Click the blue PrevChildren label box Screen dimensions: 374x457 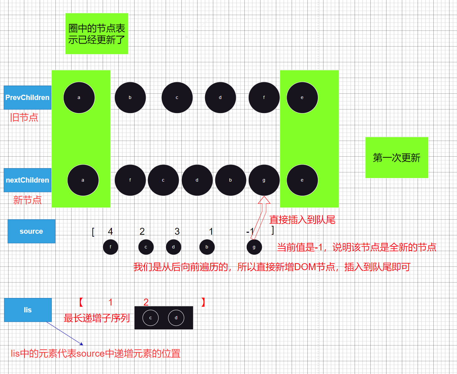[x=28, y=98]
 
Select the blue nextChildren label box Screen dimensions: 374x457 [x=28, y=180]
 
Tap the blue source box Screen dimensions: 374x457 [x=31, y=231]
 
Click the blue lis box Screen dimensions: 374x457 [x=28, y=310]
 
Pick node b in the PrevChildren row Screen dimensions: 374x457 [x=130, y=98]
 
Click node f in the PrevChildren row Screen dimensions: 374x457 [x=264, y=98]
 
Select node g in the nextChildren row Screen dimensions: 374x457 [x=264, y=180]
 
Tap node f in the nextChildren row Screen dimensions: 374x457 [x=130, y=180]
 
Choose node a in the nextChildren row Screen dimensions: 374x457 [x=83, y=180]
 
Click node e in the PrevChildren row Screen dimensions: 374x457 [x=302, y=98]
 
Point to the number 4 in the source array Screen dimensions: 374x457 [x=111, y=231]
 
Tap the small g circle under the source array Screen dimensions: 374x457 [x=254, y=247]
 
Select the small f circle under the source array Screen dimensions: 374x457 [x=111, y=247]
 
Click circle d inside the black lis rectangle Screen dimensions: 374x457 [x=176, y=318]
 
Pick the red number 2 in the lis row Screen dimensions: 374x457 [x=146, y=302]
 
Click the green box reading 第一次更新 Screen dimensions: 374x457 [x=397, y=158]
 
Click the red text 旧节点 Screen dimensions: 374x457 [x=24, y=117]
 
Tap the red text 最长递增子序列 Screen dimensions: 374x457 [x=97, y=318]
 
